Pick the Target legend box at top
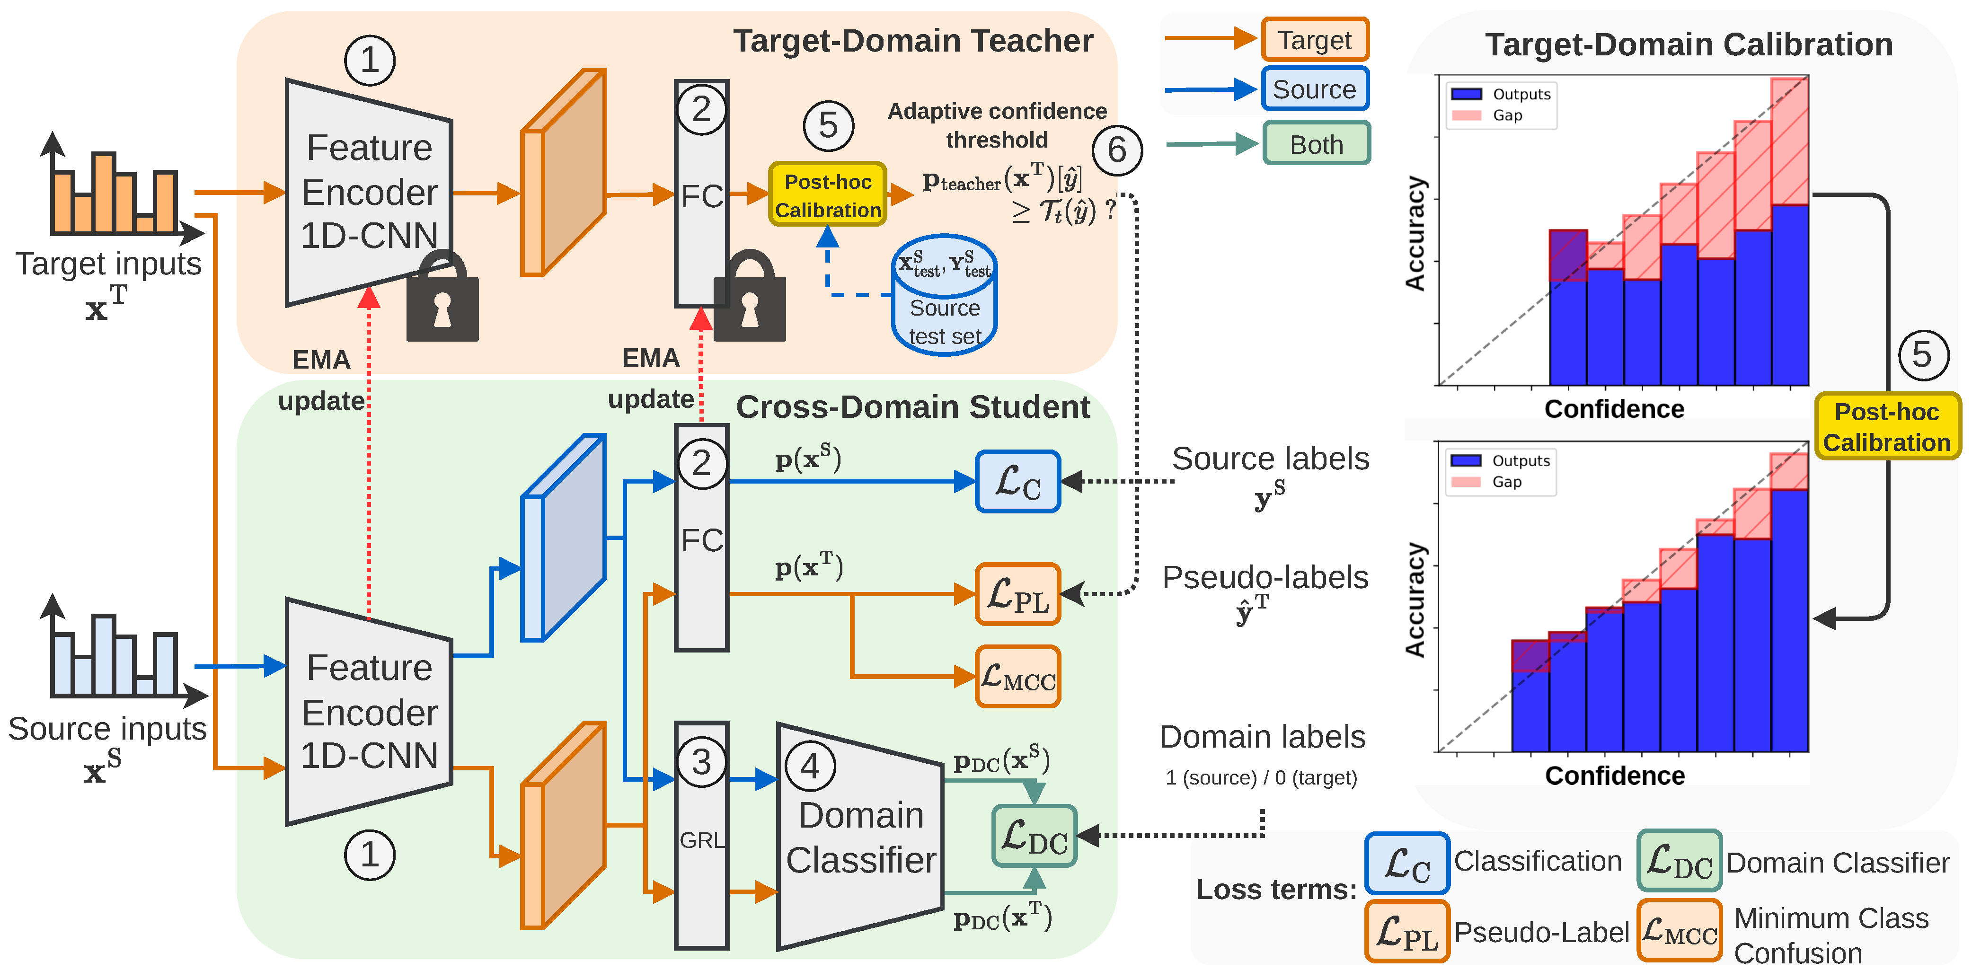coord(1314,40)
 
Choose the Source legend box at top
coord(1314,89)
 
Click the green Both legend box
coord(1316,144)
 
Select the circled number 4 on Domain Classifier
coord(810,766)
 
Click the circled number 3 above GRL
coord(701,762)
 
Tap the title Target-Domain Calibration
coord(1689,44)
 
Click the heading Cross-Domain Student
coord(912,407)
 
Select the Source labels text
coord(1271,459)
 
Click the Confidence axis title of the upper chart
coord(1614,409)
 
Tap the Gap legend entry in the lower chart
coord(1506,482)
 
